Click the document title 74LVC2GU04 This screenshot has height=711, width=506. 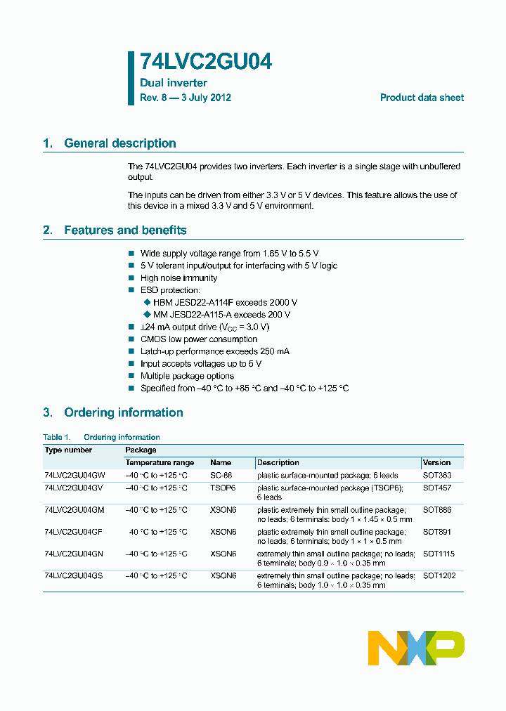[x=206, y=63]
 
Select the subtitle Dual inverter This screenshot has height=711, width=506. [x=174, y=83]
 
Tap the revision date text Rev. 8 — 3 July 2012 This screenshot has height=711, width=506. [x=186, y=98]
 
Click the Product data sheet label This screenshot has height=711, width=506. [x=422, y=98]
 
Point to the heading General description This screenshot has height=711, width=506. [x=119, y=143]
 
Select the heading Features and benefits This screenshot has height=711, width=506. [x=125, y=230]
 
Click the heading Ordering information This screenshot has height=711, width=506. [x=123, y=412]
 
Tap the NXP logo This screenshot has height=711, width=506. [x=416, y=648]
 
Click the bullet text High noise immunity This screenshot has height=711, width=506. [x=179, y=278]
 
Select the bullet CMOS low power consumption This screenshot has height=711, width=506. [x=199, y=339]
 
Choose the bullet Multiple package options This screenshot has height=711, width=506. [x=187, y=376]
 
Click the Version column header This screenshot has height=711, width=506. [x=436, y=463]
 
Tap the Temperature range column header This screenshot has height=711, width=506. [x=160, y=463]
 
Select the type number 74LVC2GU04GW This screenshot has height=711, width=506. [x=74, y=476]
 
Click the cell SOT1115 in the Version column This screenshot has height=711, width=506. [x=438, y=554]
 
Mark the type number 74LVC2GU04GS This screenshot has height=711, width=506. [x=73, y=575]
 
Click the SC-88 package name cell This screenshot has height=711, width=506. [x=221, y=476]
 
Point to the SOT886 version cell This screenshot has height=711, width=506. [x=437, y=509]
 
